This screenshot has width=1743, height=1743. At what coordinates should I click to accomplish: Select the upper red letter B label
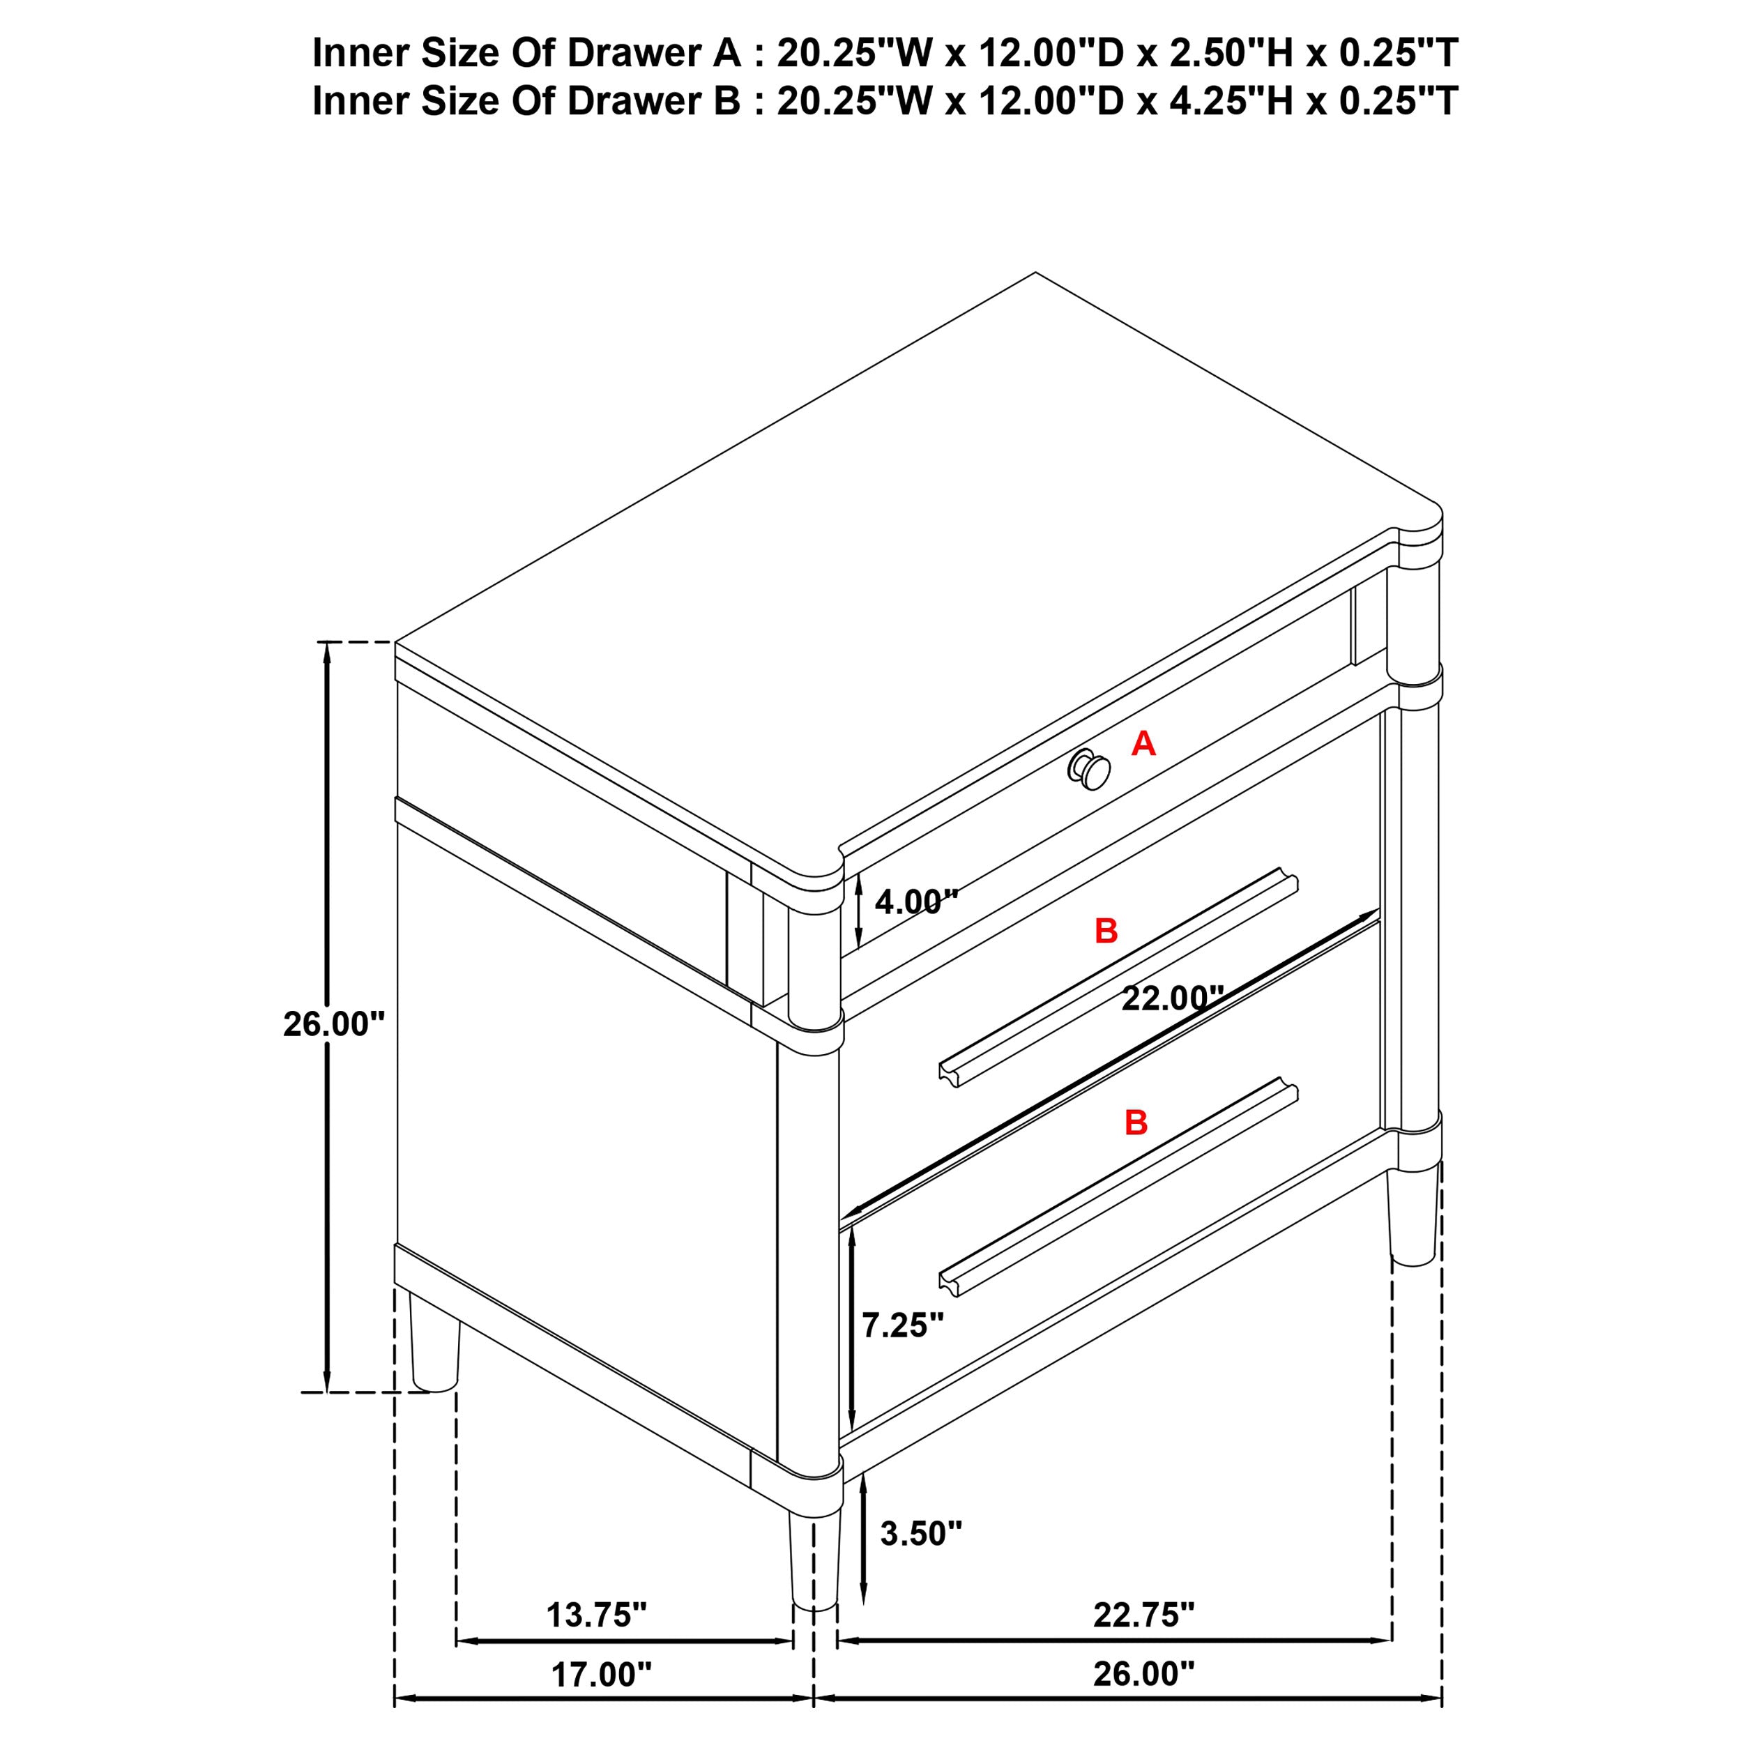point(1106,931)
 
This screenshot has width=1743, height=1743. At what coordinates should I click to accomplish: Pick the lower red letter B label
point(1136,1122)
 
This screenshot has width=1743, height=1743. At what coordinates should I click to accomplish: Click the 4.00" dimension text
point(915,901)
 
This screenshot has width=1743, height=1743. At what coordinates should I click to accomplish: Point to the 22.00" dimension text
point(1172,998)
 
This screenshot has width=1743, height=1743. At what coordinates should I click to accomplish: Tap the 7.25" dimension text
point(903,1325)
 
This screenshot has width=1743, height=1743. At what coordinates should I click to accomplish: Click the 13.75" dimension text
point(596,1615)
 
